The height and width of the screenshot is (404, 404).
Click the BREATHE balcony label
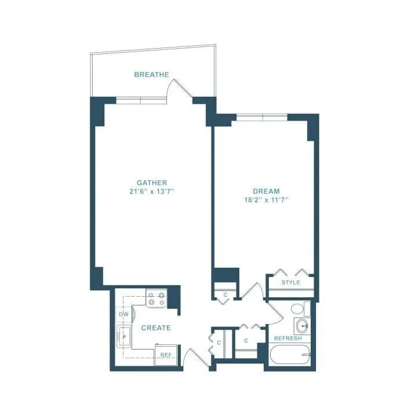(151, 75)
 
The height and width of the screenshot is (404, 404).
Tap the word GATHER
(152, 182)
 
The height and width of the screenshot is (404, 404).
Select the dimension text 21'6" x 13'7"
(152, 191)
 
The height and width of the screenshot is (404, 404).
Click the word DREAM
(266, 191)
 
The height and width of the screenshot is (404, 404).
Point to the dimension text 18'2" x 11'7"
(266, 199)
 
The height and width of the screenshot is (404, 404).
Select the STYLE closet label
(290, 282)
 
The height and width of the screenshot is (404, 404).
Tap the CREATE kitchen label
(156, 328)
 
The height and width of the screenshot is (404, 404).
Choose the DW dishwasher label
(123, 314)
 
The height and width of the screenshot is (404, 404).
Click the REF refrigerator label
(165, 355)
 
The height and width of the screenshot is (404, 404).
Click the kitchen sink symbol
(123, 336)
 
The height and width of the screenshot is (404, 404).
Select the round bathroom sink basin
(300, 325)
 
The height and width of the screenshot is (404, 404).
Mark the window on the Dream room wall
(262, 117)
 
